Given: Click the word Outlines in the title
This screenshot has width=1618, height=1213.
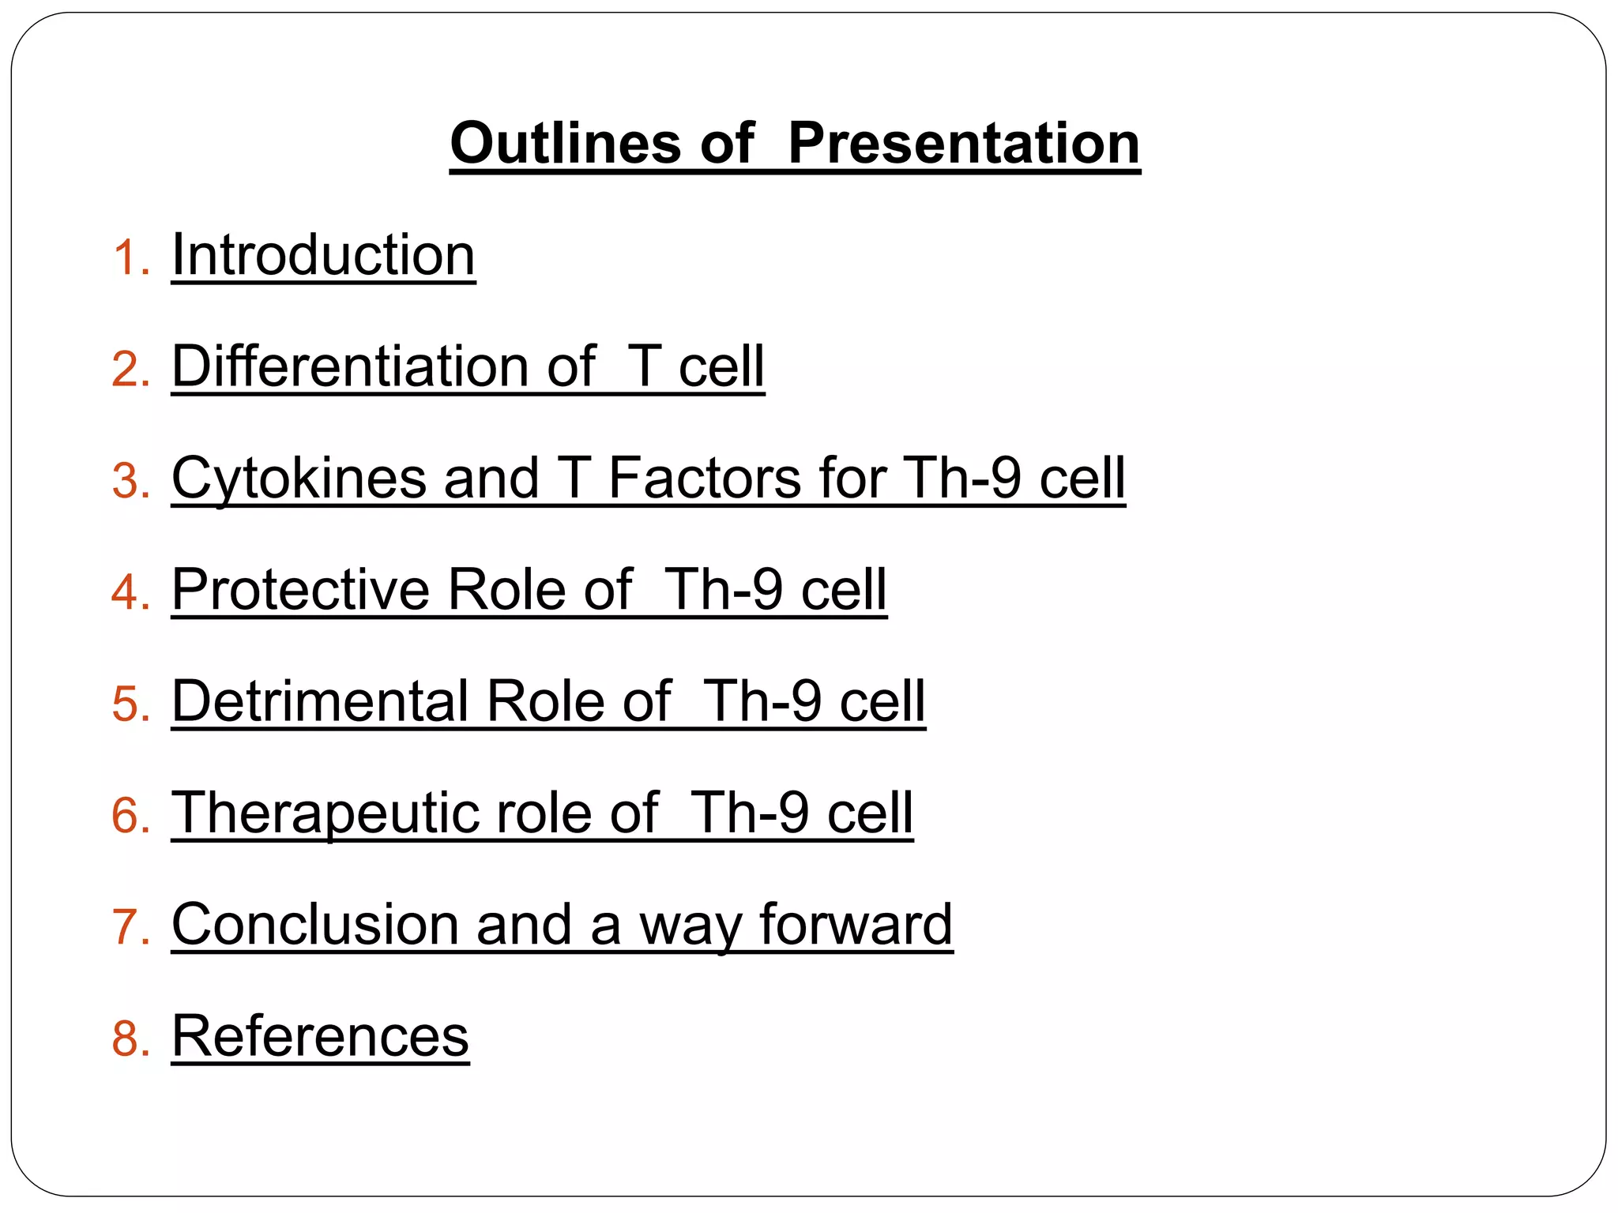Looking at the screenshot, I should pos(565,144).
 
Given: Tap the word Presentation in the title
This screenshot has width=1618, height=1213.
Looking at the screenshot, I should pos(964,144).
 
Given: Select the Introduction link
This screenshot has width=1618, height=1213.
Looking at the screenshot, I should pos(323,255).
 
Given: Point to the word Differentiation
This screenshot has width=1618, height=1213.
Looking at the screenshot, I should pos(351,366).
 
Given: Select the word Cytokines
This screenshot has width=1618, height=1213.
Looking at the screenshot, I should pos(299,479).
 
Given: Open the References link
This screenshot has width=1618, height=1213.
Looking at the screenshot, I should pos(320,1036).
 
